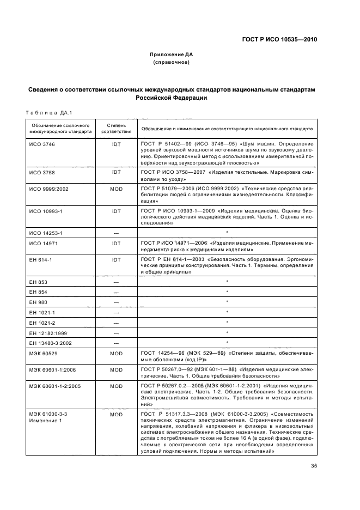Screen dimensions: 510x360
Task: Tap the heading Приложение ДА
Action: [x=172, y=55]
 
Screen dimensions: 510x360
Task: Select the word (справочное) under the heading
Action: [x=172, y=63]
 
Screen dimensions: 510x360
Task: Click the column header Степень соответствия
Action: [x=116, y=129]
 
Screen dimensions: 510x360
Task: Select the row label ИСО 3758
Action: [x=42, y=172]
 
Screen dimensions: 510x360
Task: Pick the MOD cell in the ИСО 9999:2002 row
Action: [x=116, y=189]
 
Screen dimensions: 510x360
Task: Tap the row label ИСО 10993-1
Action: [x=45, y=210]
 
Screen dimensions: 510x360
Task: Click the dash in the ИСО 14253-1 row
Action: [x=116, y=233]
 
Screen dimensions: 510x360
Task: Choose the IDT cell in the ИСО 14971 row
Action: [x=116, y=244]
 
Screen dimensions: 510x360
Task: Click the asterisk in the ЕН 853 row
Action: [x=227, y=282]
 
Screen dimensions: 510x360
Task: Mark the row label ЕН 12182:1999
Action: [x=48, y=332]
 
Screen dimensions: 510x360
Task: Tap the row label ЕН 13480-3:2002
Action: [x=51, y=343]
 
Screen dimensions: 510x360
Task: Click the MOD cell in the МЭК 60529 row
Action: [x=116, y=354]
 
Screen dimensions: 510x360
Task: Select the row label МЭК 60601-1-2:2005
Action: [x=54, y=385]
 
